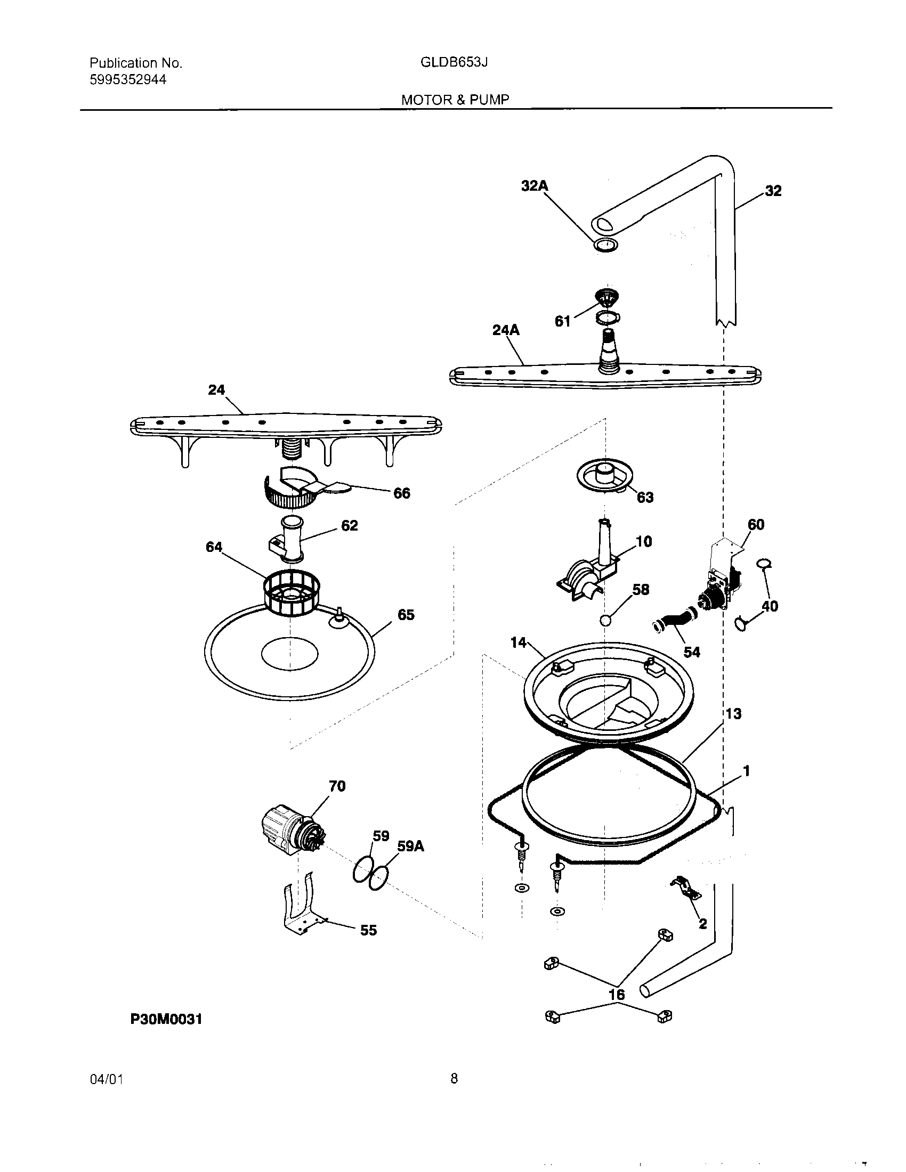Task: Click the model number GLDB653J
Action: (x=454, y=62)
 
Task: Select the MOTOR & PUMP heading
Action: (x=455, y=99)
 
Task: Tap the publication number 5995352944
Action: (x=128, y=80)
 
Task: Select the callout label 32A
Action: (x=535, y=186)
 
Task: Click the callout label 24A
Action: (x=506, y=330)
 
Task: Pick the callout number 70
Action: (x=336, y=786)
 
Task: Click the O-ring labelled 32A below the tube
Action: (x=605, y=245)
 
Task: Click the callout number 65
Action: (x=406, y=615)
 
